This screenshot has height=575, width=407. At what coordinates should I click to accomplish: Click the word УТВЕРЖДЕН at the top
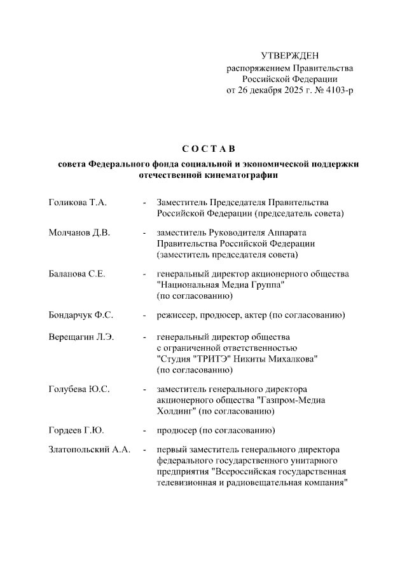click(x=290, y=57)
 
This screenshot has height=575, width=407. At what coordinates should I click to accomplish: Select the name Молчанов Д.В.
click(x=79, y=233)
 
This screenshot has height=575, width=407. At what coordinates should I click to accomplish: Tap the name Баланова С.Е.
click(x=77, y=274)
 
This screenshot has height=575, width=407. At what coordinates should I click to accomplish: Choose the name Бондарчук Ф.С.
click(x=81, y=315)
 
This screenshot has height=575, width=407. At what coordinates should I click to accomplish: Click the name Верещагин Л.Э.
click(x=81, y=337)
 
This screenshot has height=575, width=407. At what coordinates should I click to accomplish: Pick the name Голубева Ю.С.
click(x=79, y=389)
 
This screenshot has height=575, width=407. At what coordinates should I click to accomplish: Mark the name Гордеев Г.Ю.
click(x=76, y=431)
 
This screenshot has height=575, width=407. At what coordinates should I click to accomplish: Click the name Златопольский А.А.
click(x=90, y=449)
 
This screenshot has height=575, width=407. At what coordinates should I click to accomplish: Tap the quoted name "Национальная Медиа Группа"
click(x=220, y=285)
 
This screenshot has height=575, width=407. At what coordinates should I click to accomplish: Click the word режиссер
click(x=176, y=315)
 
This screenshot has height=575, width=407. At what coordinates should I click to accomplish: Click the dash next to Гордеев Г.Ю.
click(x=145, y=431)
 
